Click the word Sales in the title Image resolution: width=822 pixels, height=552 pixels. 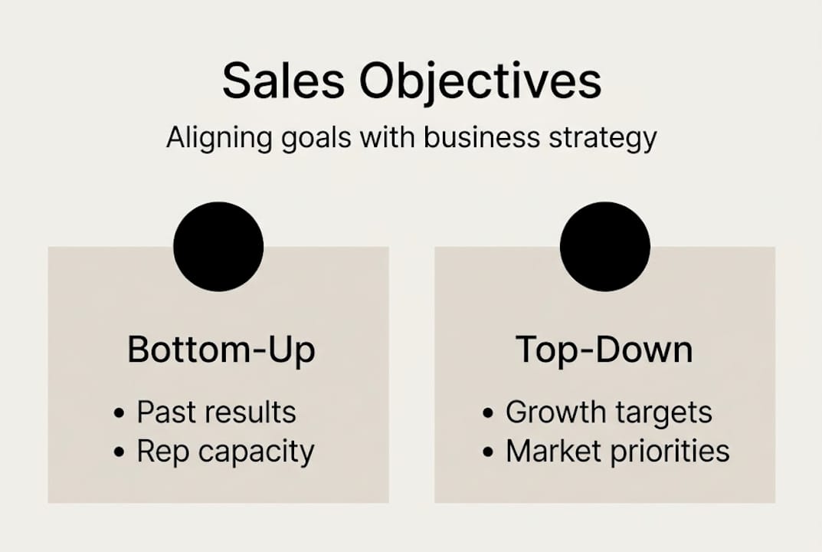pyautogui.click(x=283, y=81)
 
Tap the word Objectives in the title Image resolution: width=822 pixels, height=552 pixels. pyautogui.click(x=480, y=81)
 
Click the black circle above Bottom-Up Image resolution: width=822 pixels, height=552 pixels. pyautogui.click(x=218, y=246)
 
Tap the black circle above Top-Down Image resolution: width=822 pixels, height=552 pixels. pyautogui.click(x=605, y=246)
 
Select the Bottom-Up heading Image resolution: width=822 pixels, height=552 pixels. pyautogui.click(x=221, y=350)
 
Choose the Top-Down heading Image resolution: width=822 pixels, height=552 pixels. pyautogui.click(x=604, y=350)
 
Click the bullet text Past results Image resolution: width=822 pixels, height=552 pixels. pyautogui.click(x=216, y=412)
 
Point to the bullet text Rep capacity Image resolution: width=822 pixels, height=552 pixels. pyautogui.click(x=225, y=452)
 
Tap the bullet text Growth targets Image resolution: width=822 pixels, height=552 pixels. pyautogui.click(x=609, y=412)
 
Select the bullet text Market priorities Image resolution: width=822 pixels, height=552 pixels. pyautogui.click(x=617, y=452)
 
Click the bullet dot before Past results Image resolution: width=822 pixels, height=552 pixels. pyautogui.click(x=119, y=413)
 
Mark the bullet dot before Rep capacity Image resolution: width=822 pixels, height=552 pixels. pyautogui.click(x=119, y=452)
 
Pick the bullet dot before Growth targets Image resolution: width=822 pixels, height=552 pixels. pyautogui.click(x=488, y=413)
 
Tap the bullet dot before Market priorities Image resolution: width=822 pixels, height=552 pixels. pyautogui.click(x=488, y=452)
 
